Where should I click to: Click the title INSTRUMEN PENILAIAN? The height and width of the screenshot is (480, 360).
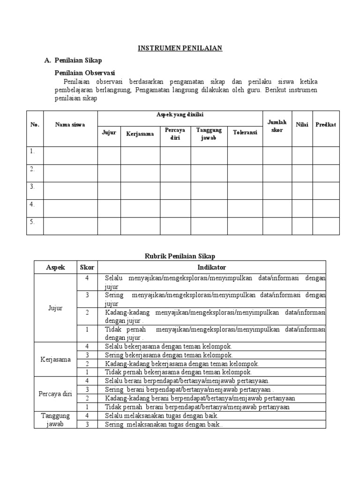(180, 48)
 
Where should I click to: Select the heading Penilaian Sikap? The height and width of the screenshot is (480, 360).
(78, 60)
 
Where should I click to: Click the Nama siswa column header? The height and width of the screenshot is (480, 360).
(70, 125)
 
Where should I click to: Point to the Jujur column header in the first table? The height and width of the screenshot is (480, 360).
(109, 133)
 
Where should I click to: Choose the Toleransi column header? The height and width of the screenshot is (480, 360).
(245, 133)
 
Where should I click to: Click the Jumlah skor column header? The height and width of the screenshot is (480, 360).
(277, 126)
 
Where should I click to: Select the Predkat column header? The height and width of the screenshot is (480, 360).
(326, 125)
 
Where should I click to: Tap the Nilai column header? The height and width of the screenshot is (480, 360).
(302, 125)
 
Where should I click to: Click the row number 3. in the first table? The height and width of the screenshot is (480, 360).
(33, 187)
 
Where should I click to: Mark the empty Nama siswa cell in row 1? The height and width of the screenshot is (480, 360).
(70, 155)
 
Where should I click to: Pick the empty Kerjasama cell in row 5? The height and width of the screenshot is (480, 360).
(140, 226)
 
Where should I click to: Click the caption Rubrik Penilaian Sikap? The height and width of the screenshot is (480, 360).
(180, 256)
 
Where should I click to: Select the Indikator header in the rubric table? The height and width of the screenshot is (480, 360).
(212, 267)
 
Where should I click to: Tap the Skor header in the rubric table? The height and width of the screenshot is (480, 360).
(87, 267)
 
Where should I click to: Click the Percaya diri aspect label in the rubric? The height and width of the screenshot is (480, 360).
(55, 393)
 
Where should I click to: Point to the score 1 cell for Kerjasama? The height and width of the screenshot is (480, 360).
(87, 372)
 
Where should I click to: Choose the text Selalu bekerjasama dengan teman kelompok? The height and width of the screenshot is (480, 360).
(169, 346)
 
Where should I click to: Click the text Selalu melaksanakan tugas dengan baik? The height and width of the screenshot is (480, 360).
(162, 416)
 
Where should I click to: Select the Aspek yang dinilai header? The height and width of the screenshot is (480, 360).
(180, 115)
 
